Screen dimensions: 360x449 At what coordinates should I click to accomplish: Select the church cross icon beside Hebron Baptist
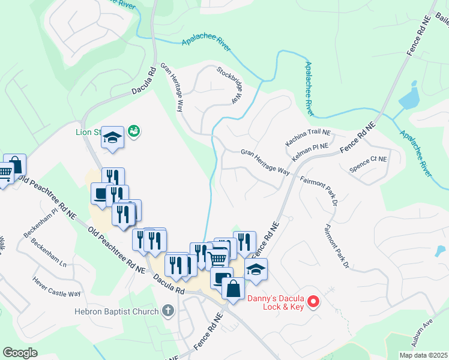[169, 311]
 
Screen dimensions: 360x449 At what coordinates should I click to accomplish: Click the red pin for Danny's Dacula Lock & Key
[313, 302]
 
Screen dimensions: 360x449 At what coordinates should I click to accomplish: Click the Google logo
[20, 352]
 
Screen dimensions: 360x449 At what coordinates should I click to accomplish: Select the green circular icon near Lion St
[134, 130]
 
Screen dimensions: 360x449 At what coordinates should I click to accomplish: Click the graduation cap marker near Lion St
[112, 138]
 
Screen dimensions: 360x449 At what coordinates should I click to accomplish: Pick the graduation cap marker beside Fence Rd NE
[255, 269]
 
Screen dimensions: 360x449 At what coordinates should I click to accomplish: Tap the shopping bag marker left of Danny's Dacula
[233, 288]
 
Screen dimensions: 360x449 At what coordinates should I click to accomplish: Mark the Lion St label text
[88, 133]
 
